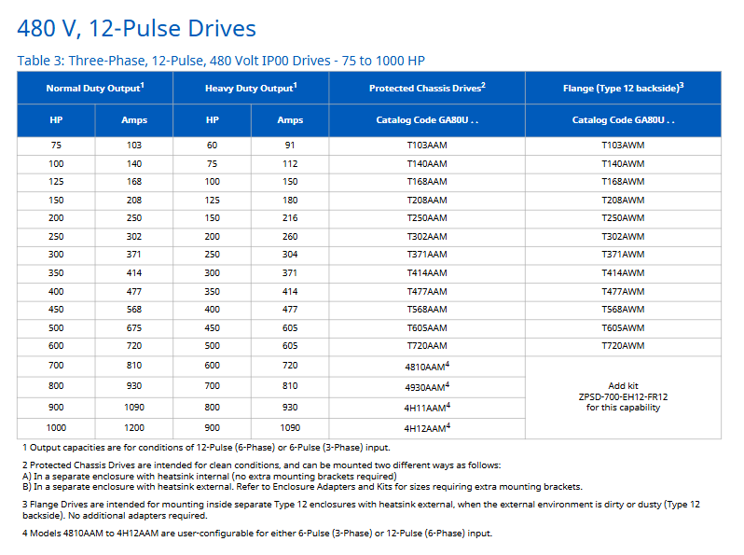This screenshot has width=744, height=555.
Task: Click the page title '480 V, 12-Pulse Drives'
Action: pyautogui.click(x=136, y=28)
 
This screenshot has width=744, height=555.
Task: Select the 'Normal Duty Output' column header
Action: pyautogui.click(x=94, y=88)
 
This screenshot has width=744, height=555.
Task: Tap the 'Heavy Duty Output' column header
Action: pyautogui.click(x=250, y=88)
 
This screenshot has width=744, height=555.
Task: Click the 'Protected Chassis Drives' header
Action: pyautogui.click(x=426, y=88)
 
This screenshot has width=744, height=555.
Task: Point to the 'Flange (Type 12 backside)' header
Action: pyautogui.click(x=622, y=88)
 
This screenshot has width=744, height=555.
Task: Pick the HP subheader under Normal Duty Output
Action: pyautogui.click(x=56, y=120)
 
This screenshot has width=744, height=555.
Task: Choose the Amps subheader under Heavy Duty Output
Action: pyautogui.click(x=290, y=120)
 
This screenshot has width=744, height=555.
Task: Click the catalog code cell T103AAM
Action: pyautogui.click(x=426, y=146)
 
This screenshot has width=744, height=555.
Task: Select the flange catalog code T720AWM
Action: pyautogui.click(x=622, y=346)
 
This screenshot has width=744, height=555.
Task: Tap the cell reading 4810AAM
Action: pyautogui.click(x=426, y=367)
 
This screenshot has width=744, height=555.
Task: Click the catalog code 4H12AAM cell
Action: pyautogui.click(x=426, y=428)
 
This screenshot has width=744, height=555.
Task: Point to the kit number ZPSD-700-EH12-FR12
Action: pyautogui.click(x=623, y=396)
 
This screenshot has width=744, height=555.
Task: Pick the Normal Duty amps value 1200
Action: pyautogui.click(x=134, y=428)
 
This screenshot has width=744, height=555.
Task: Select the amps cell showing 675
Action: pyautogui.click(x=134, y=328)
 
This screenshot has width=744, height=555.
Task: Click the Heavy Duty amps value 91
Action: pyautogui.click(x=290, y=146)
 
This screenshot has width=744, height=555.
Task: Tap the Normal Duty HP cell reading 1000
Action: pyautogui.click(x=56, y=428)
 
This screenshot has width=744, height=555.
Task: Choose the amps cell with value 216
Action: pyautogui.click(x=290, y=218)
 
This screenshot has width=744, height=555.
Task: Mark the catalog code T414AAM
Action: pyautogui.click(x=426, y=273)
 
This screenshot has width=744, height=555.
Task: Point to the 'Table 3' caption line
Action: pyautogui.click(x=221, y=61)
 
